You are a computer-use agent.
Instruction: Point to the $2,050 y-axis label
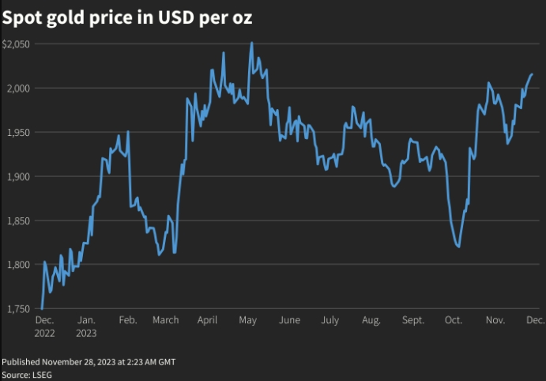pyautogui.click(x=16, y=44)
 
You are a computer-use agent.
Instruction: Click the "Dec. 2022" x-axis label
pyautogui.click(x=44, y=326)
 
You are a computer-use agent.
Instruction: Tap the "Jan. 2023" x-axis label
pyautogui.click(x=87, y=326)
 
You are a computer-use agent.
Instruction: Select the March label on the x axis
pyautogui.click(x=165, y=320)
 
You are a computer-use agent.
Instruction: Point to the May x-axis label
pyautogui.click(x=247, y=320)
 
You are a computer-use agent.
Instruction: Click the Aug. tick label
pyautogui.click(x=371, y=320)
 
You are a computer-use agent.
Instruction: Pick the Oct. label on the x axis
pyautogui.click(x=454, y=320)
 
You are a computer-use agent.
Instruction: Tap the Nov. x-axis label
pyautogui.click(x=495, y=320)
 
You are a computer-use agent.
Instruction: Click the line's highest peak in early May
pyautogui.click(x=251, y=43)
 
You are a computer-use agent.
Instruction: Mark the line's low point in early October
pyautogui.click(x=459, y=247)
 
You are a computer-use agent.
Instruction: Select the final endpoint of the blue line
pyautogui.click(x=532, y=74)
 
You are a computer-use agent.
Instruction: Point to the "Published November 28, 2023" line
pyautogui.click(x=88, y=361)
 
